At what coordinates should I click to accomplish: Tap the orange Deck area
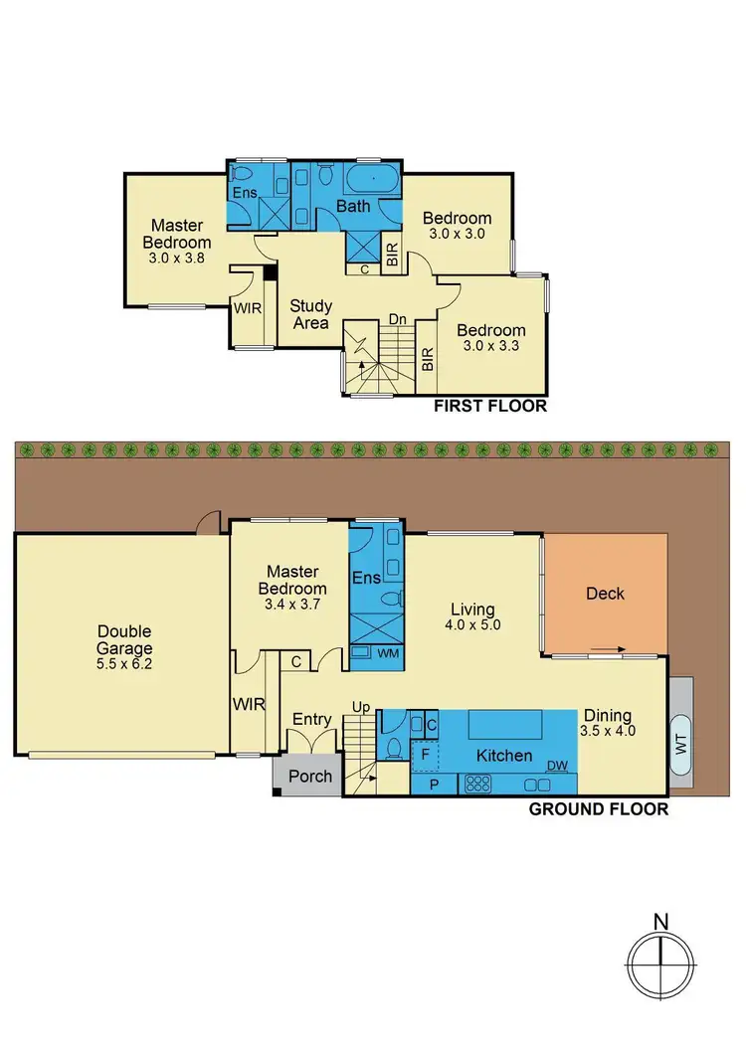click(x=605, y=594)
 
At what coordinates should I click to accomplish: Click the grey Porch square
click(x=309, y=776)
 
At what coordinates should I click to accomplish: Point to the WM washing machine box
click(x=364, y=653)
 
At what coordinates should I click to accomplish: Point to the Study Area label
click(x=311, y=314)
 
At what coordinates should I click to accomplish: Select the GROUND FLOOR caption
click(x=598, y=809)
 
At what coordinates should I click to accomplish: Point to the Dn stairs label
click(x=397, y=320)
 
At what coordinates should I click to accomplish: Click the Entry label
click(x=310, y=719)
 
